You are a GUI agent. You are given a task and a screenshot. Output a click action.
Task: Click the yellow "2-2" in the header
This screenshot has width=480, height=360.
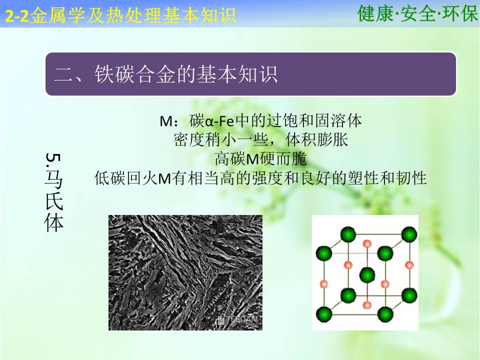click(x=17, y=16)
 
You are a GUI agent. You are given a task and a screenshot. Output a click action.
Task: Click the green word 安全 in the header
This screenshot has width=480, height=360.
click(x=417, y=14)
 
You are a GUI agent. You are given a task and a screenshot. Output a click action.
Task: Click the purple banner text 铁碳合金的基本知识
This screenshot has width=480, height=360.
click(x=186, y=74)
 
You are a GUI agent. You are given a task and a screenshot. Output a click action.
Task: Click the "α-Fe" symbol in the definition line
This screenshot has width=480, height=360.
click(x=220, y=121)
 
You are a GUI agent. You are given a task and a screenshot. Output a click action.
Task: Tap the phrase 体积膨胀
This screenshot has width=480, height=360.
click(x=316, y=139)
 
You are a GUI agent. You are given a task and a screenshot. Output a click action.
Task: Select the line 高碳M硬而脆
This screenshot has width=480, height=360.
click(x=261, y=159)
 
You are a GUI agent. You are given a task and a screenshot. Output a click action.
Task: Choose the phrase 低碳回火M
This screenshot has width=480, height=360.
click(x=132, y=178)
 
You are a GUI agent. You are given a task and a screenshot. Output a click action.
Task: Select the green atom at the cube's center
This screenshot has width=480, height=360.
click(x=367, y=274)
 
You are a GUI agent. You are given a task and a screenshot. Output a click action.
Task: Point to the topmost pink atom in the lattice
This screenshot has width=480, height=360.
click(x=367, y=244)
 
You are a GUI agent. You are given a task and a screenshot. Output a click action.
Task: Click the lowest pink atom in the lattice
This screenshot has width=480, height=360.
click(x=366, y=305)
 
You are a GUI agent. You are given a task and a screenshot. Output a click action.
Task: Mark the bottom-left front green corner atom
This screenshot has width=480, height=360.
click(x=324, y=314)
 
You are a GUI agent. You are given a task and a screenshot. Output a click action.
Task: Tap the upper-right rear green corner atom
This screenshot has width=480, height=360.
click(x=409, y=235)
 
